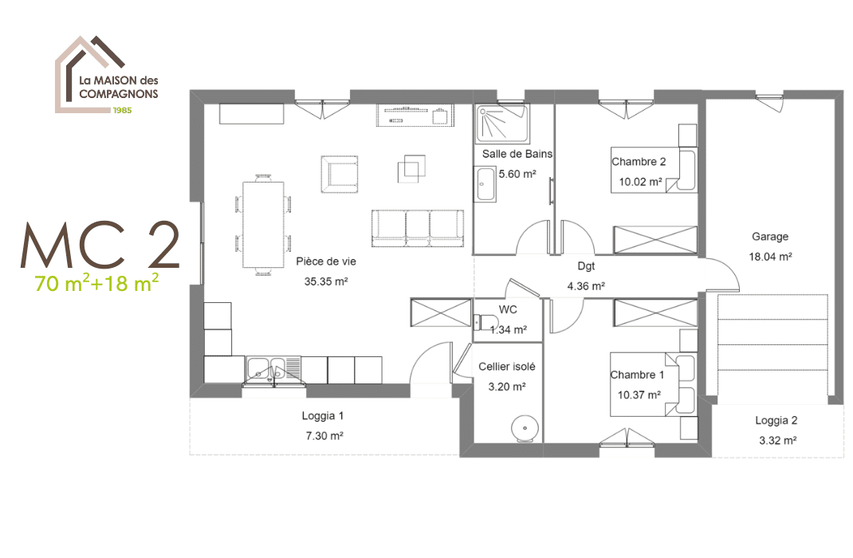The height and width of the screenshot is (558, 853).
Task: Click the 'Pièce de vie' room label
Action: click(x=326, y=261)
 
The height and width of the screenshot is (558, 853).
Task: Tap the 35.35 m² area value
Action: click(x=326, y=281)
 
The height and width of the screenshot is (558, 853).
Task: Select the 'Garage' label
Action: click(x=770, y=237)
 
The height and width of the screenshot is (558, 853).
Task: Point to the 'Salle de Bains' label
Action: click(x=517, y=154)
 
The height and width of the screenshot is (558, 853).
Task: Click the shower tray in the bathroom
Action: click(x=502, y=124)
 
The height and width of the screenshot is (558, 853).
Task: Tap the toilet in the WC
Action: click(x=485, y=322)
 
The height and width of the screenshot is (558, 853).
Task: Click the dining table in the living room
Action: click(x=263, y=225)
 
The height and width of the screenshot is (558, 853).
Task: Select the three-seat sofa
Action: click(x=418, y=228)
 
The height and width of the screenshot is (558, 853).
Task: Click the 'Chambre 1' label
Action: click(x=637, y=375)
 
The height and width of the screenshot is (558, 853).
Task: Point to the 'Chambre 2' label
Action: click(x=639, y=162)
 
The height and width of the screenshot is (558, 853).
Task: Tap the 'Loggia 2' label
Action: click(x=776, y=420)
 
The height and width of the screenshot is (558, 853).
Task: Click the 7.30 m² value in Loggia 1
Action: click(x=324, y=436)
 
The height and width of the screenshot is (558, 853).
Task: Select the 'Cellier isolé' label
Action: click(x=507, y=367)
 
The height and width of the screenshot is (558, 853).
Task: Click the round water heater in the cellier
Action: click(x=525, y=428)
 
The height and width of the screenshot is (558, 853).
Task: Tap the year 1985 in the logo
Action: click(x=123, y=110)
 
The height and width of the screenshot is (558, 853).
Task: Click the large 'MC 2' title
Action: click(x=100, y=246)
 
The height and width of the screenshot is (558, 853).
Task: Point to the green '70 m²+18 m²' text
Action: click(x=96, y=282)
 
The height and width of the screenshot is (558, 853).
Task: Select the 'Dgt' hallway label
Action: click(x=586, y=266)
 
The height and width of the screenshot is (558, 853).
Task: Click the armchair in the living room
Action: click(x=340, y=174)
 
